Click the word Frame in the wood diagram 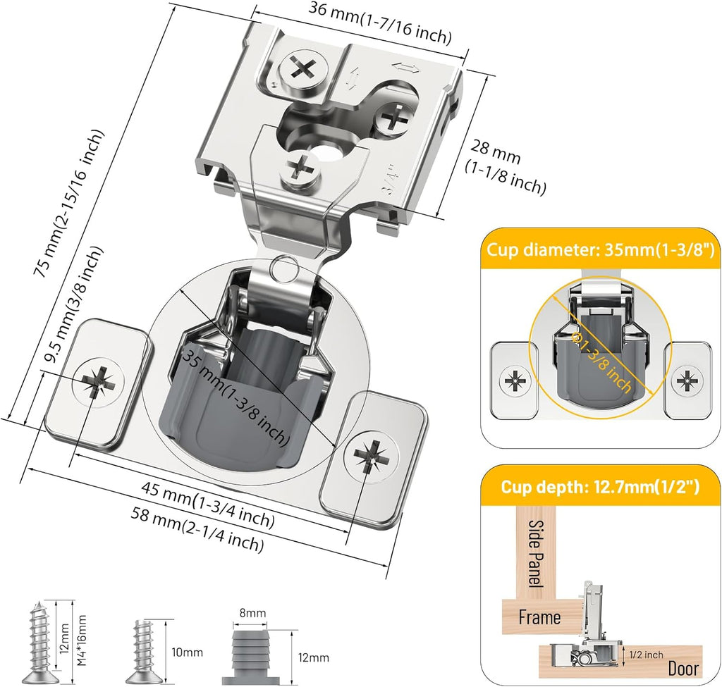pyautogui.click(x=539, y=617)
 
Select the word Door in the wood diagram pyautogui.click(x=683, y=669)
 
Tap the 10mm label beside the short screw pyautogui.click(x=187, y=652)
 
